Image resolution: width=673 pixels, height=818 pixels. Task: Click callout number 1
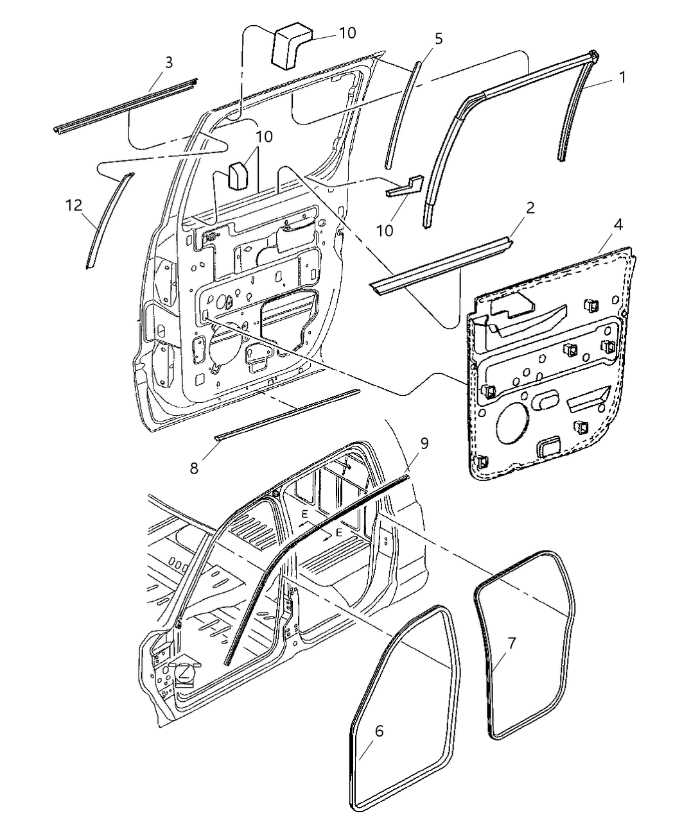pyautogui.click(x=622, y=78)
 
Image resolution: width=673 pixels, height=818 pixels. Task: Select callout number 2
pyautogui.click(x=530, y=209)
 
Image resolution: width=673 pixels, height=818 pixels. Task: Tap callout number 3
pyautogui.click(x=168, y=62)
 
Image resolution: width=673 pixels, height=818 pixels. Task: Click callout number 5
pyautogui.click(x=438, y=38)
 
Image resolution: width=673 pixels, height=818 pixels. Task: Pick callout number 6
pyautogui.click(x=379, y=731)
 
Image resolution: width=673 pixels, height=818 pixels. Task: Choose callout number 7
pyautogui.click(x=511, y=642)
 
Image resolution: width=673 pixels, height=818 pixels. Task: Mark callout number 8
pyautogui.click(x=194, y=468)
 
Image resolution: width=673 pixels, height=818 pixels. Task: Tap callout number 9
pyautogui.click(x=424, y=443)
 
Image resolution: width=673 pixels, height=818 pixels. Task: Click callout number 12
pyautogui.click(x=74, y=205)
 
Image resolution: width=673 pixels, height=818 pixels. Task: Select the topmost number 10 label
pyautogui.click(x=347, y=33)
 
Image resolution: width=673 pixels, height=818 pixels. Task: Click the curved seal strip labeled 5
pyautogui.click(x=403, y=115)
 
